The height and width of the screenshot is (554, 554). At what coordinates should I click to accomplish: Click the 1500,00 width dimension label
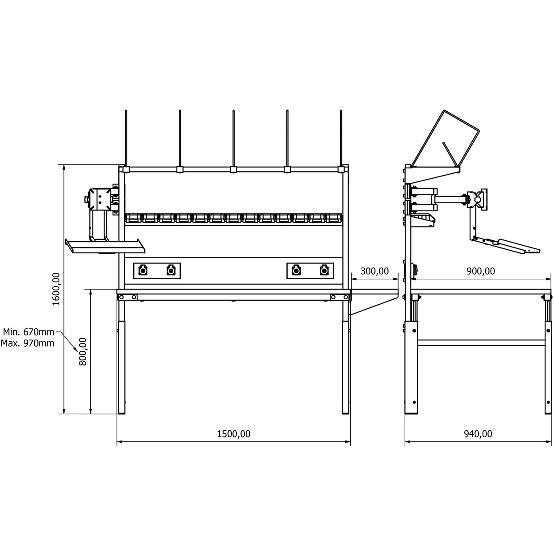coord(234,434)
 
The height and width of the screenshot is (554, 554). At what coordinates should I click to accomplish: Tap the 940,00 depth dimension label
coord(478,434)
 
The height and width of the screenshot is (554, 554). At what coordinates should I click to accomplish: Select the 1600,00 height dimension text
coord(56,289)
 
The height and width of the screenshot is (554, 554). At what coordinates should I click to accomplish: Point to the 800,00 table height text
coord(83,351)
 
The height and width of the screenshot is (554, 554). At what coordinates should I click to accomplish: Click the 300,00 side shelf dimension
coord(374,271)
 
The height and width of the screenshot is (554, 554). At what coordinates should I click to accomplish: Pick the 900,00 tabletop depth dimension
coord(481,271)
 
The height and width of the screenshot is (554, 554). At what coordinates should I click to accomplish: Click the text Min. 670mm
coord(29,332)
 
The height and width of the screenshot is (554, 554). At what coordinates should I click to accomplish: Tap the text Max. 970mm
coord(28,343)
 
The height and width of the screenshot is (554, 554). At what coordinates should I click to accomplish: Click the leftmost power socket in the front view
coord(143,271)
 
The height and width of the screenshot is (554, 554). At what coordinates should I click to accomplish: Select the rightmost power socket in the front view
coord(324,271)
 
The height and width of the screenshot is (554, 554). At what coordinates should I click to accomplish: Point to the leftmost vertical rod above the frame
coord(126,138)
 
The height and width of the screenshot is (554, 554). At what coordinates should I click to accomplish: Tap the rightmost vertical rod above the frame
coord(341,138)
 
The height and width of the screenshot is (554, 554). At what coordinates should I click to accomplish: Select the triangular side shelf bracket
coord(374,302)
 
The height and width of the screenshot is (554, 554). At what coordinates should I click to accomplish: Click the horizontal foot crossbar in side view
coord(481,342)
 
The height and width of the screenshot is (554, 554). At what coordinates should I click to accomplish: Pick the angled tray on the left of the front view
coord(105,246)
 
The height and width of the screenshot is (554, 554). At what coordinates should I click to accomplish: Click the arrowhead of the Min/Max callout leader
coord(76,350)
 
